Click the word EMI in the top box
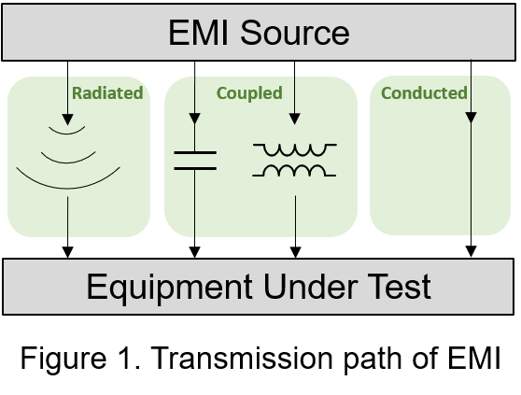tap(198, 33)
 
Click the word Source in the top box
tap(295, 33)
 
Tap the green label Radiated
tap(107, 92)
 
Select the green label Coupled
tap(249, 93)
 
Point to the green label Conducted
tap(424, 92)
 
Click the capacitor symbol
tap(195, 161)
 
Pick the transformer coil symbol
tap(294, 160)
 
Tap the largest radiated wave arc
tap(68, 188)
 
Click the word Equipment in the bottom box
tap(169, 287)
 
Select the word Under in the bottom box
tap(311, 287)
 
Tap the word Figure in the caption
tap(63, 360)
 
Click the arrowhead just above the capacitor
tap(195, 119)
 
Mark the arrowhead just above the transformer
tap(295, 119)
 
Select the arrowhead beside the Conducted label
tap(472, 118)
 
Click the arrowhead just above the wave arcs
tap(68, 120)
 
